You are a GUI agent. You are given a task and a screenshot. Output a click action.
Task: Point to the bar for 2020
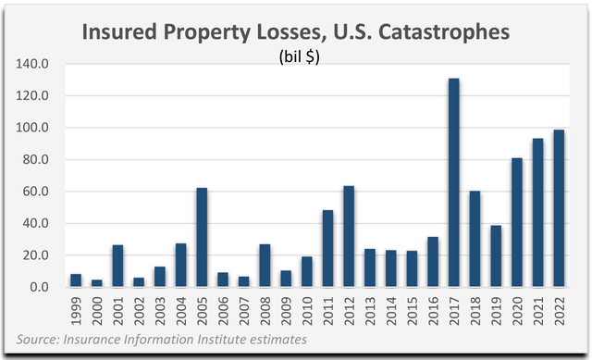pyautogui.click(x=516, y=222)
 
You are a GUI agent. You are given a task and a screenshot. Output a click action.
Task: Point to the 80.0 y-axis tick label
pyautogui.click(x=36, y=160)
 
